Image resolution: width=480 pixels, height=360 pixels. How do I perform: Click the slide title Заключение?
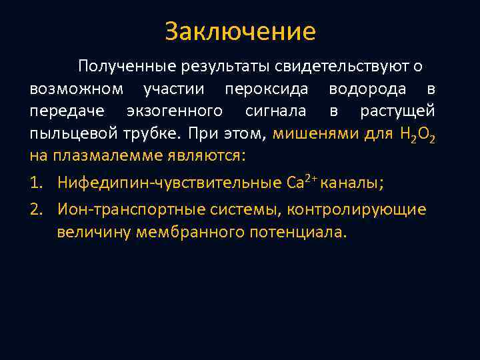click(x=240, y=31)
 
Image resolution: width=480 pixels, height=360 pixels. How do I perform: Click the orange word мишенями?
click(x=316, y=134)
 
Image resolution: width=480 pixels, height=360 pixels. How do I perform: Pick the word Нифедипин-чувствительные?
click(x=161, y=182)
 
